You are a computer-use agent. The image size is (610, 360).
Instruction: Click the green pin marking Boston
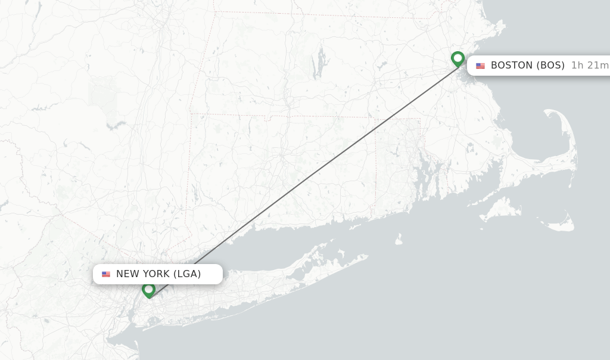pos(457,58)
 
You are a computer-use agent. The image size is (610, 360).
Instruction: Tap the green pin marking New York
pos(148,290)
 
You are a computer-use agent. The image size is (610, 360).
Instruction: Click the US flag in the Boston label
pos(480,66)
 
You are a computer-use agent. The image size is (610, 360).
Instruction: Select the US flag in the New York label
pos(106,274)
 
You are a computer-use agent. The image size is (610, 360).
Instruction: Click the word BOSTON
pos(512,66)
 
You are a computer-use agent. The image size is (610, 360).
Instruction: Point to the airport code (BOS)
pos(550,66)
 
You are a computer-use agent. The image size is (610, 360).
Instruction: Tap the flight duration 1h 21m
pos(590,66)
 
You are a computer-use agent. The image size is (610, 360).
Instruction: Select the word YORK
pos(155,274)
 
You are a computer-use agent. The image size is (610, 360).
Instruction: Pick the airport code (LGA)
pos(187,274)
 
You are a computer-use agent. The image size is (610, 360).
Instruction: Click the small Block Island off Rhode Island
pos(399,239)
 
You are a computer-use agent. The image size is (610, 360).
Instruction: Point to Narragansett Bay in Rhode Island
pos(424,173)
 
